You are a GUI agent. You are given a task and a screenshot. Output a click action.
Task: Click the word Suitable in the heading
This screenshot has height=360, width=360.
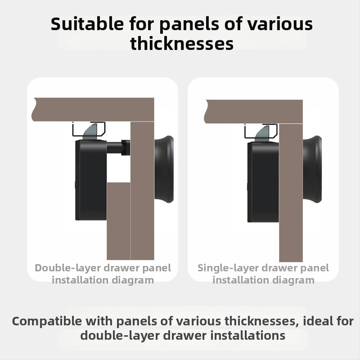(x=87, y=24)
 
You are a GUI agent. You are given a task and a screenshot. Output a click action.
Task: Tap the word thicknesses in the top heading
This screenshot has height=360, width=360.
(x=182, y=43)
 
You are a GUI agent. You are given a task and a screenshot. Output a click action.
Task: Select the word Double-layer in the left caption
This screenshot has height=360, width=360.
(x=68, y=268)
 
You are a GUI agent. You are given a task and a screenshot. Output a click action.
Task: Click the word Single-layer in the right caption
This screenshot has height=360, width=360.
(x=228, y=268)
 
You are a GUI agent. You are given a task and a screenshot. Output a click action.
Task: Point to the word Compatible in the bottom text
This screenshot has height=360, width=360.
(x=47, y=321)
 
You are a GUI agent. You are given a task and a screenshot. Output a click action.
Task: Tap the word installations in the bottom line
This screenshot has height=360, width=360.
(x=248, y=335)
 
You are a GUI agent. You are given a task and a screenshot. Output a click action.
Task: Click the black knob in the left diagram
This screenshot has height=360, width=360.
(x=164, y=169)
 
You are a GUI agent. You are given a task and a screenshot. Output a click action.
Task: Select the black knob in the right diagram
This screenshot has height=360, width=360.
(x=312, y=169)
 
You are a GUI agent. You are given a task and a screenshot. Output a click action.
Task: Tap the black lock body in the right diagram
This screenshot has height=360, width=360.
(x=263, y=182)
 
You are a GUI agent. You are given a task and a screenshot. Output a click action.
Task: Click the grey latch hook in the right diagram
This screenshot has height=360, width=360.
(x=263, y=133)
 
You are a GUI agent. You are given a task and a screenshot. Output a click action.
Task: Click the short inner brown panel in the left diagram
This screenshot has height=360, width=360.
(x=118, y=221)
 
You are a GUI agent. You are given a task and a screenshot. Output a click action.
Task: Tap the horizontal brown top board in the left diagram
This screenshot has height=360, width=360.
(x=93, y=109)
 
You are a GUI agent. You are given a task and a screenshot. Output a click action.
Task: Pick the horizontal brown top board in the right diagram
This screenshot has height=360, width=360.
(x=253, y=112)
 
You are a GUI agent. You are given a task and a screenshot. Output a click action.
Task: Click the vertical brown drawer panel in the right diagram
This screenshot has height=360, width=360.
(x=291, y=193)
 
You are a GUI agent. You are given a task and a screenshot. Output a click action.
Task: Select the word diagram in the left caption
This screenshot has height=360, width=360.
(x=133, y=280)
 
